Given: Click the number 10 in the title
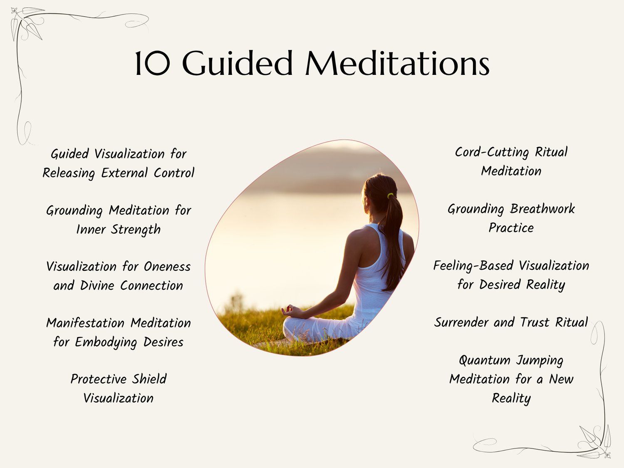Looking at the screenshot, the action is click(153, 63).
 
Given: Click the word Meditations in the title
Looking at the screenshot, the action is click(397, 63).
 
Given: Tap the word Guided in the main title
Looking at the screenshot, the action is click(238, 63).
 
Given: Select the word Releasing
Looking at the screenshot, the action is click(69, 173).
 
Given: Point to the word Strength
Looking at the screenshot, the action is click(136, 230).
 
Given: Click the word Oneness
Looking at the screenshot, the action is click(167, 267).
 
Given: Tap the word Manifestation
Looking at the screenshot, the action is click(85, 323).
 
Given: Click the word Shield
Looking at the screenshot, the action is click(149, 379).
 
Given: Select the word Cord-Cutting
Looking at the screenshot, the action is click(492, 152).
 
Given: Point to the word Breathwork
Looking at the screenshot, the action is click(542, 209).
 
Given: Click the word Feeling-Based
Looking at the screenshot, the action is click(473, 266).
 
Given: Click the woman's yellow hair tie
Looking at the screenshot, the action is click(390, 196).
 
